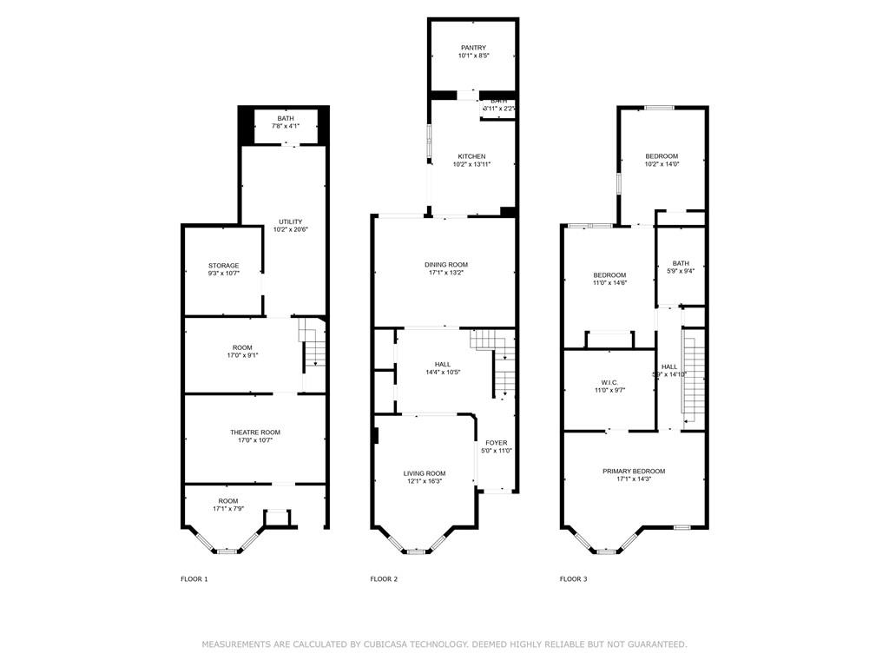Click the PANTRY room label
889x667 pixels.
pyautogui.click(x=473, y=48)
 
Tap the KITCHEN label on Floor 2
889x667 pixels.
pyautogui.click(x=471, y=156)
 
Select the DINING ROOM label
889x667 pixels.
pyautogui.click(x=446, y=265)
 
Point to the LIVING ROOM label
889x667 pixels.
pyautogui.click(x=425, y=473)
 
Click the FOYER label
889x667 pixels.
pyautogui.click(x=497, y=443)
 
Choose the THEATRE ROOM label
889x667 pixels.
pyautogui.click(x=255, y=433)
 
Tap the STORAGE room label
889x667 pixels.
pyautogui.click(x=223, y=266)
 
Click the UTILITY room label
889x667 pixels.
pyautogui.click(x=291, y=221)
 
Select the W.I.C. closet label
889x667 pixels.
pyautogui.click(x=609, y=382)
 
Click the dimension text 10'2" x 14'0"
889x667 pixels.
pyautogui.click(x=662, y=164)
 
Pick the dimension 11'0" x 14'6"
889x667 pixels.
pyautogui.click(x=609, y=283)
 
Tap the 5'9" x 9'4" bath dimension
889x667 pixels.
pyautogui.click(x=681, y=271)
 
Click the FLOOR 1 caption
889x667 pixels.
pyautogui.click(x=194, y=578)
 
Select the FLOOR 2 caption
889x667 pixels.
pyautogui.click(x=384, y=578)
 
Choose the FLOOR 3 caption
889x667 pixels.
pyautogui.click(x=573, y=578)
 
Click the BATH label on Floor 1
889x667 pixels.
pyautogui.click(x=286, y=119)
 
